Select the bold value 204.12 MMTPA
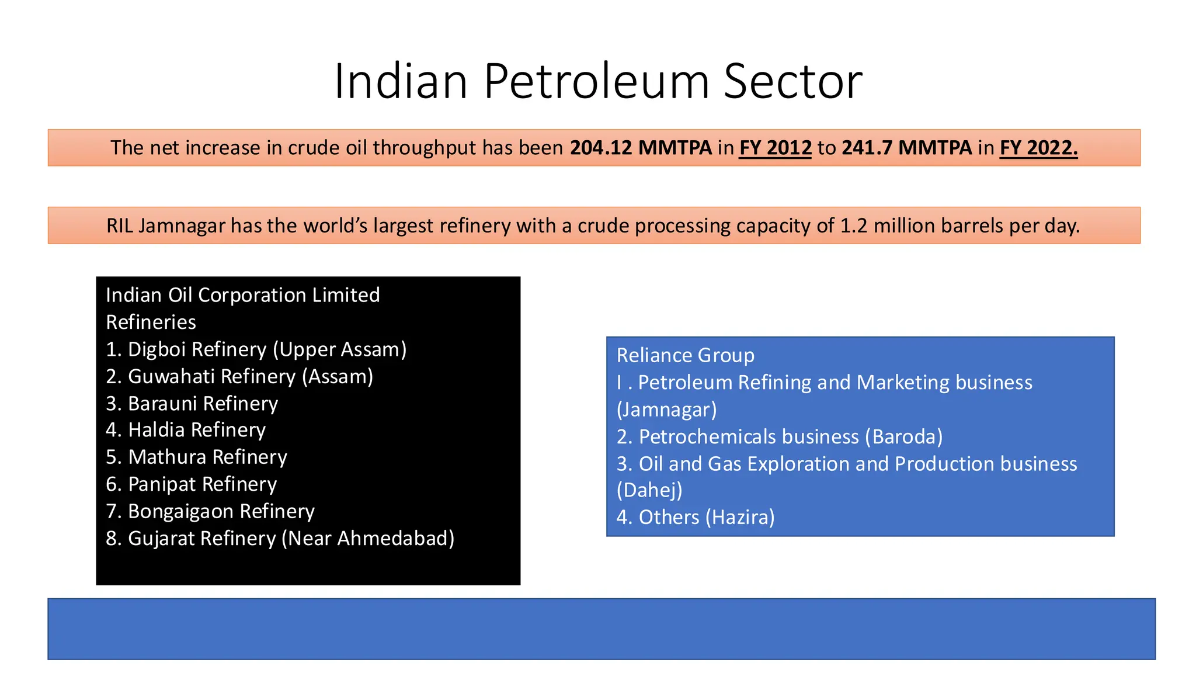(641, 148)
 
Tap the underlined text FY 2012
(775, 148)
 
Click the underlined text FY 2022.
(1038, 148)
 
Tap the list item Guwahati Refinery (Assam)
(239, 377)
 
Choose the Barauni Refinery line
(192, 404)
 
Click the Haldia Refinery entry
(186, 430)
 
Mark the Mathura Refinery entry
(197, 457)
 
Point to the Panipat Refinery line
(192, 484)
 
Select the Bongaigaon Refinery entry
(210, 511)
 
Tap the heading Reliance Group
(685, 355)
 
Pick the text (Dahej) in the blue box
(649, 490)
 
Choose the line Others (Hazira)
(696, 518)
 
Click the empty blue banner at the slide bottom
(601, 629)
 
